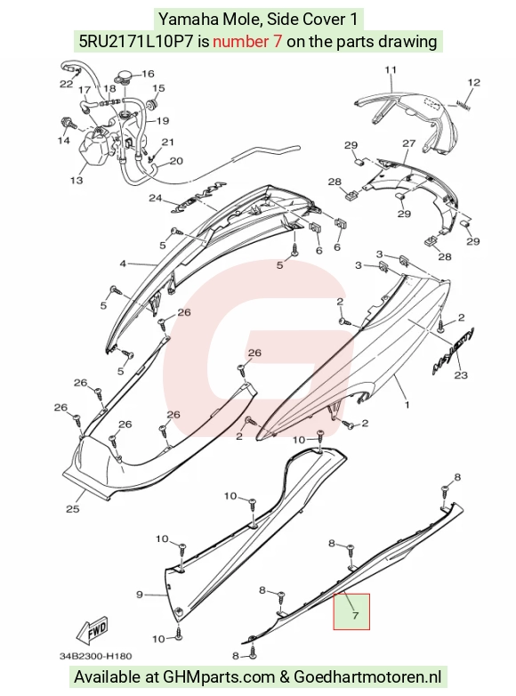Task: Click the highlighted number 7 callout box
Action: [x=351, y=611]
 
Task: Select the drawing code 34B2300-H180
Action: [x=96, y=656]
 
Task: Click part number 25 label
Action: [x=72, y=509]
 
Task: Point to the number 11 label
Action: [x=391, y=69]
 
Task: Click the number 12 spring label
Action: [x=474, y=82]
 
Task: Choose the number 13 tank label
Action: [x=77, y=180]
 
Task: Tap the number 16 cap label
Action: [x=148, y=74]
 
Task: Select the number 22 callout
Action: [x=66, y=84]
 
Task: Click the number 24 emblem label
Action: [x=156, y=198]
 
